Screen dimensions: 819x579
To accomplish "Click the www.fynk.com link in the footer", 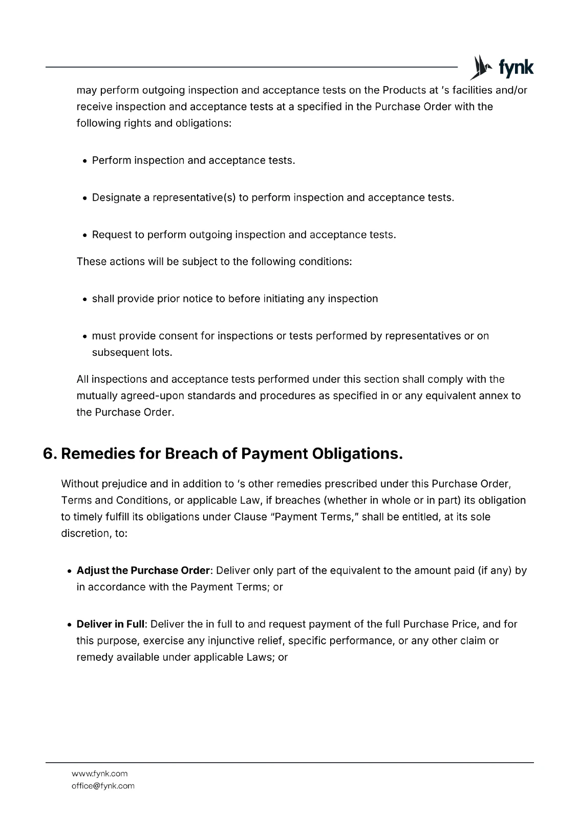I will click(x=99, y=773).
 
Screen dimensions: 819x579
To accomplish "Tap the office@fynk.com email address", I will click(x=103, y=786).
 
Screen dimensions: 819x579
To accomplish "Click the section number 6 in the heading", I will click(x=49, y=454).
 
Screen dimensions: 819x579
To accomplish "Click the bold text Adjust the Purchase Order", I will click(x=143, y=570).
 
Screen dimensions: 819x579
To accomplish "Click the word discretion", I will click(x=82, y=533).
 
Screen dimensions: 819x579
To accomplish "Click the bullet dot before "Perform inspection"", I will click(x=85, y=161).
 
